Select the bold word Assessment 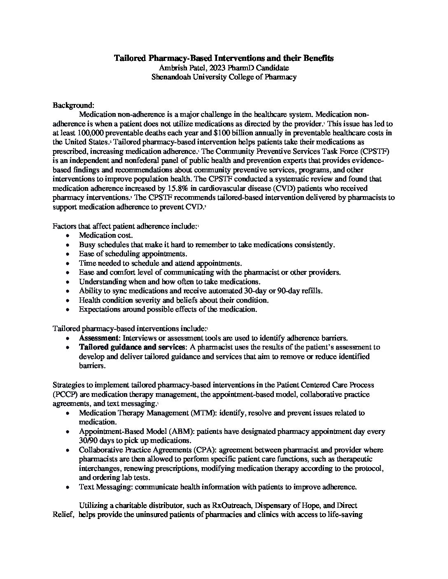tap(99, 338)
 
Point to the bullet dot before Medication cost tap(68, 236)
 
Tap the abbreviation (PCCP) tap(65, 394)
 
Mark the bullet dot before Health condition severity tap(68, 300)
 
